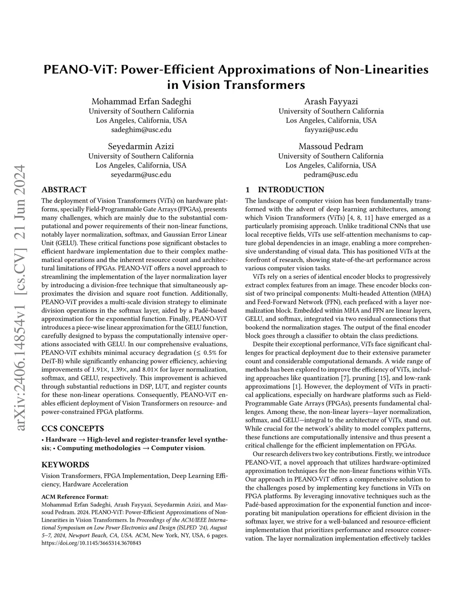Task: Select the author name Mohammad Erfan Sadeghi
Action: pos(141,101)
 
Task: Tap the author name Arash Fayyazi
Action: pos(331,101)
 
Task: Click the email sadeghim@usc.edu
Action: pos(141,130)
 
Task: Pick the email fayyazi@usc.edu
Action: pos(331,130)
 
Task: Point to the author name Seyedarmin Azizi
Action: pos(141,146)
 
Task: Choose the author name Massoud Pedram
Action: pos(331,146)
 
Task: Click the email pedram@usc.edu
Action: pos(331,174)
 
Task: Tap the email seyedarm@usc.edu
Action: pos(141,174)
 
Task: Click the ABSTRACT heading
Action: pos(64,190)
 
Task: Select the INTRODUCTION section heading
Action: pos(291,190)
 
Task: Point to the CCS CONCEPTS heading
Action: pos(72,428)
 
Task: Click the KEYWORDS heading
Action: pos(65,465)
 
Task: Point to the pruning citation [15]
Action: pos(371,377)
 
